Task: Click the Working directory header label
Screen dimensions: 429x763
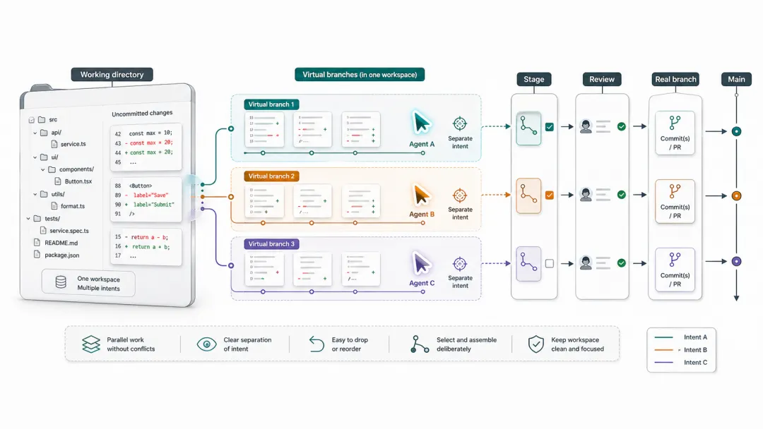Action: coord(112,75)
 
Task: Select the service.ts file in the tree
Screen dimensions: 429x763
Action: coord(73,144)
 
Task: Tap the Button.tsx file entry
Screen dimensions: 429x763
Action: coord(78,181)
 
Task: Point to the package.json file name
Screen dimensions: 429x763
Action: coord(61,255)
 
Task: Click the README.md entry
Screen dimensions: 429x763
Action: coord(60,242)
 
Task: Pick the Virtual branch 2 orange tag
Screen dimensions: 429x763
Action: coord(272,176)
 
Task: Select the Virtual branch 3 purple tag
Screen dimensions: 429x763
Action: coord(272,244)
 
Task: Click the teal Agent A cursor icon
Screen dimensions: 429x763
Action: coord(421,123)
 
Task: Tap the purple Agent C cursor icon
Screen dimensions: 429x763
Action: coord(421,263)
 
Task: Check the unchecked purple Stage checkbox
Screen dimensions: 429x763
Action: coord(550,263)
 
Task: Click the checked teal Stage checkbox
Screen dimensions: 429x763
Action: coord(550,127)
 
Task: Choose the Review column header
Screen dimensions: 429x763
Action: coord(602,80)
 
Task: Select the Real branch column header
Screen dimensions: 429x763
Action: coord(676,80)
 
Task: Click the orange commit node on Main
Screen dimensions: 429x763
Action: coord(736,196)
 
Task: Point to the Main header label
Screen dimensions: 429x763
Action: coord(736,80)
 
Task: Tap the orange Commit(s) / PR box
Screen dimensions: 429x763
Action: coord(675,201)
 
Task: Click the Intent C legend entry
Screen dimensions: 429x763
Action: coord(695,363)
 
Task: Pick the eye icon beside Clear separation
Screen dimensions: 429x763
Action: coord(206,344)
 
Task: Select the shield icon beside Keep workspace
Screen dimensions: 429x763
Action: coord(537,344)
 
